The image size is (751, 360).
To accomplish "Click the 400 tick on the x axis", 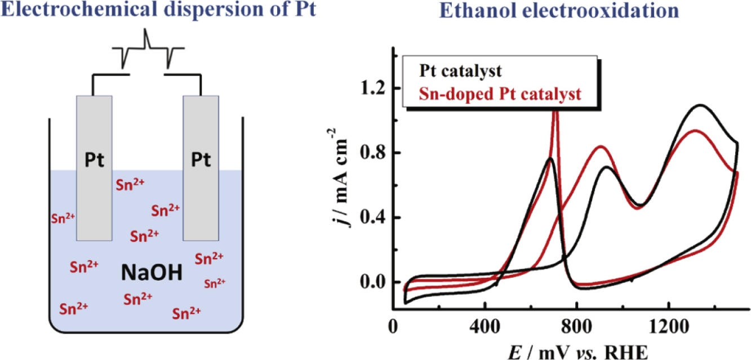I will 485,326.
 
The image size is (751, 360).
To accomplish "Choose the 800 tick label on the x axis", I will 577,326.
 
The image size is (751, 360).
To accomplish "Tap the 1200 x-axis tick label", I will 668,326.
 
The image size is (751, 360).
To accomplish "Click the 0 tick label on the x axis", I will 394,326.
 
